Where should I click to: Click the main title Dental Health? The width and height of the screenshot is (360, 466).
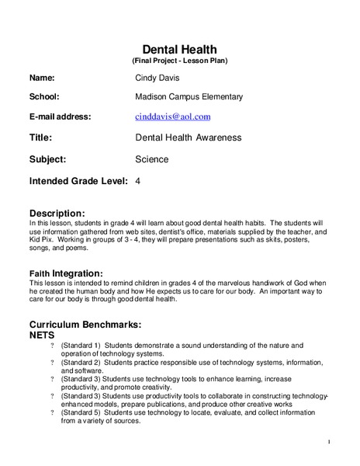pyautogui.click(x=179, y=50)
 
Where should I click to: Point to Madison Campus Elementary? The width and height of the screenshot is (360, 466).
pyautogui.click(x=189, y=97)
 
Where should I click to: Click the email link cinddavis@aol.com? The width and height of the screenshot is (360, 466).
pyautogui.click(x=172, y=116)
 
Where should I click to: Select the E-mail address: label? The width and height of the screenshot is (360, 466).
pyautogui.click(x=60, y=116)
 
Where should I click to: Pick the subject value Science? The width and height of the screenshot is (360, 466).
pyautogui.click(x=151, y=159)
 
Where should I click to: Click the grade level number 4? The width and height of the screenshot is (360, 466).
pyautogui.click(x=137, y=181)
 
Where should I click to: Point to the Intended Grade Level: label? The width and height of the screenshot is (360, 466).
pyautogui.click(x=78, y=181)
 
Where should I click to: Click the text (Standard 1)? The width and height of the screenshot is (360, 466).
pyautogui.click(x=81, y=345)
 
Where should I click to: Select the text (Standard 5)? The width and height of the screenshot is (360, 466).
pyautogui.click(x=81, y=413)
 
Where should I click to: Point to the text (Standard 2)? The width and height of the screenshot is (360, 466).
pyautogui.click(x=81, y=363)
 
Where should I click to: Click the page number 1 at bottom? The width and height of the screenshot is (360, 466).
pyautogui.click(x=329, y=443)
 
